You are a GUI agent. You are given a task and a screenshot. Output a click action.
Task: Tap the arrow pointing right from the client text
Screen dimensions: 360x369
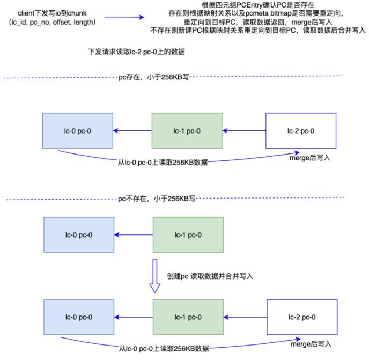tap(124, 17)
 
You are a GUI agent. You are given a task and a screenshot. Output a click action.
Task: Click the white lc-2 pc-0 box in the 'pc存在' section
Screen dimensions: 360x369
tap(300, 130)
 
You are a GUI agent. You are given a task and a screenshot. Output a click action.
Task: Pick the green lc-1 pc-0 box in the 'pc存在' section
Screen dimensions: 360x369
tap(187, 130)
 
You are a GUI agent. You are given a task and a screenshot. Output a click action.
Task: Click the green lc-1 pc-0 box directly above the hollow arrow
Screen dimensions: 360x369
tap(188, 235)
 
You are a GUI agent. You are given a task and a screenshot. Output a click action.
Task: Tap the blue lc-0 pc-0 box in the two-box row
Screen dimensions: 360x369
tap(78, 235)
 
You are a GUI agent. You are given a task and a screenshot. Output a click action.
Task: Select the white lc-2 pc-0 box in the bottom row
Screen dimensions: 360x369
tap(301, 318)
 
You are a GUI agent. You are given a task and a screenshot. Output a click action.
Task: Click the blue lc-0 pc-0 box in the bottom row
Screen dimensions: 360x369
tap(78, 318)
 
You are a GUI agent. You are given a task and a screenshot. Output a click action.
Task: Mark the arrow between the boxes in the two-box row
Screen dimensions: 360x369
tap(134, 235)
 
